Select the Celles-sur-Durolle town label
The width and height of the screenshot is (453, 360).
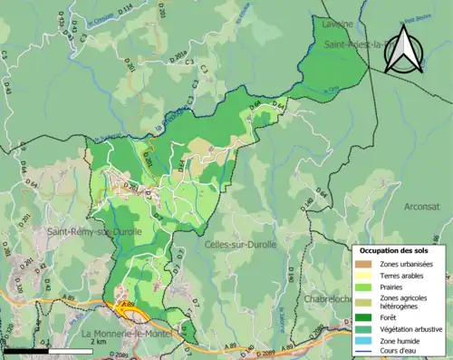coord(239,245)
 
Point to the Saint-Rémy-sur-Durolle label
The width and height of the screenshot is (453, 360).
coord(79,232)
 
